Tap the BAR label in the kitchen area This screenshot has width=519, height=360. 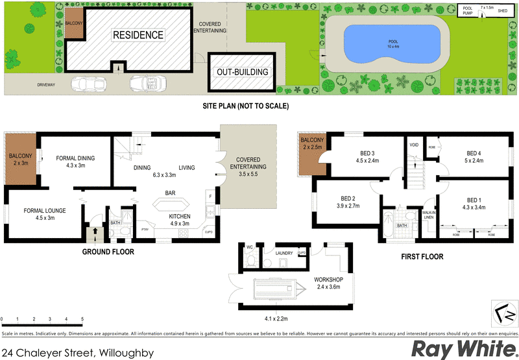[x=171, y=193]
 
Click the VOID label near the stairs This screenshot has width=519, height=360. [x=414, y=145]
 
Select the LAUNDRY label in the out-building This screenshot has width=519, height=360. [x=284, y=254]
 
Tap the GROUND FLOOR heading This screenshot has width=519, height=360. [x=108, y=252]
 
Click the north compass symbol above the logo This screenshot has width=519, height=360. [x=500, y=314]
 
